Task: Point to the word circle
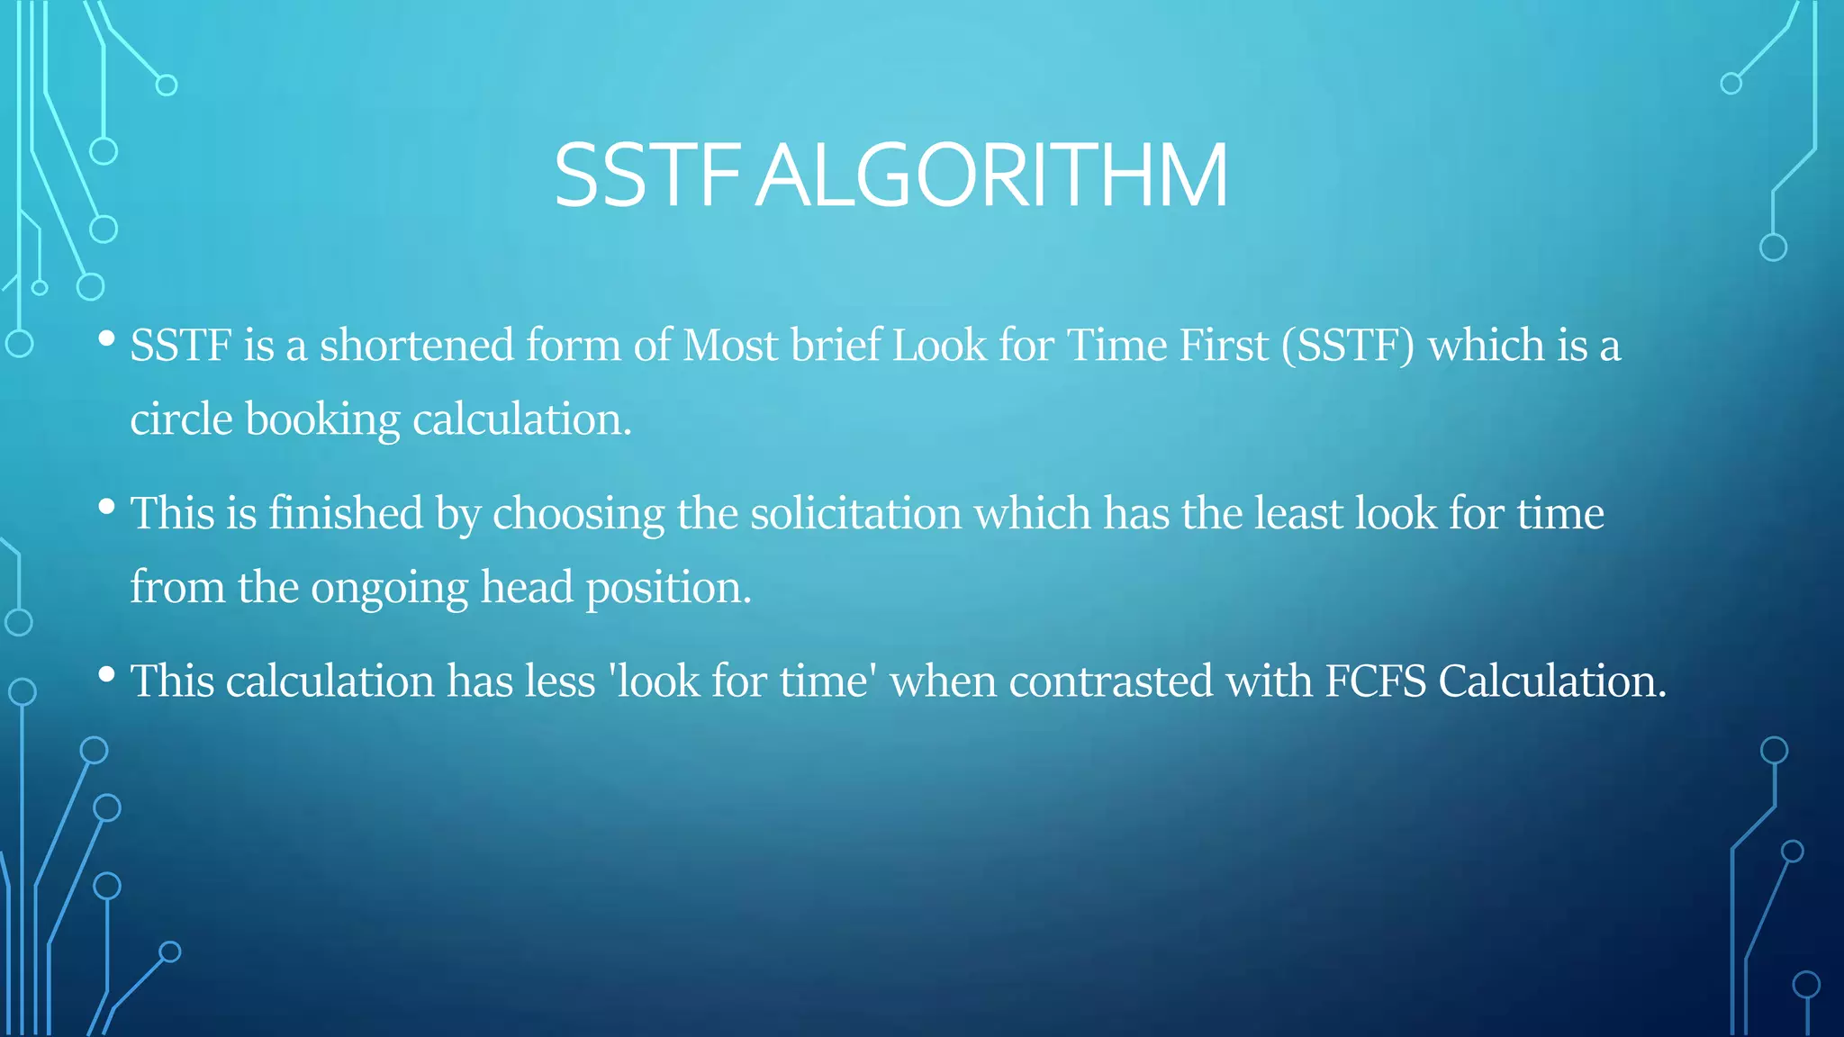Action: pyautogui.click(x=181, y=419)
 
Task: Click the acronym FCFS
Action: pyautogui.click(x=1375, y=681)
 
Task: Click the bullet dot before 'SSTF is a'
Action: pyautogui.click(x=106, y=339)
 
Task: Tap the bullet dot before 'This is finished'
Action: pyautogui.click(x=106, y=507)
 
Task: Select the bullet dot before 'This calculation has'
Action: pyautogui.click(x=106, y=674)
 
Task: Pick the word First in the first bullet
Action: pyautogui.click(x=1224, y=346)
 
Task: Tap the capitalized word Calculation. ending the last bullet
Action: pyautogui.click(x=1552, y=681)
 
